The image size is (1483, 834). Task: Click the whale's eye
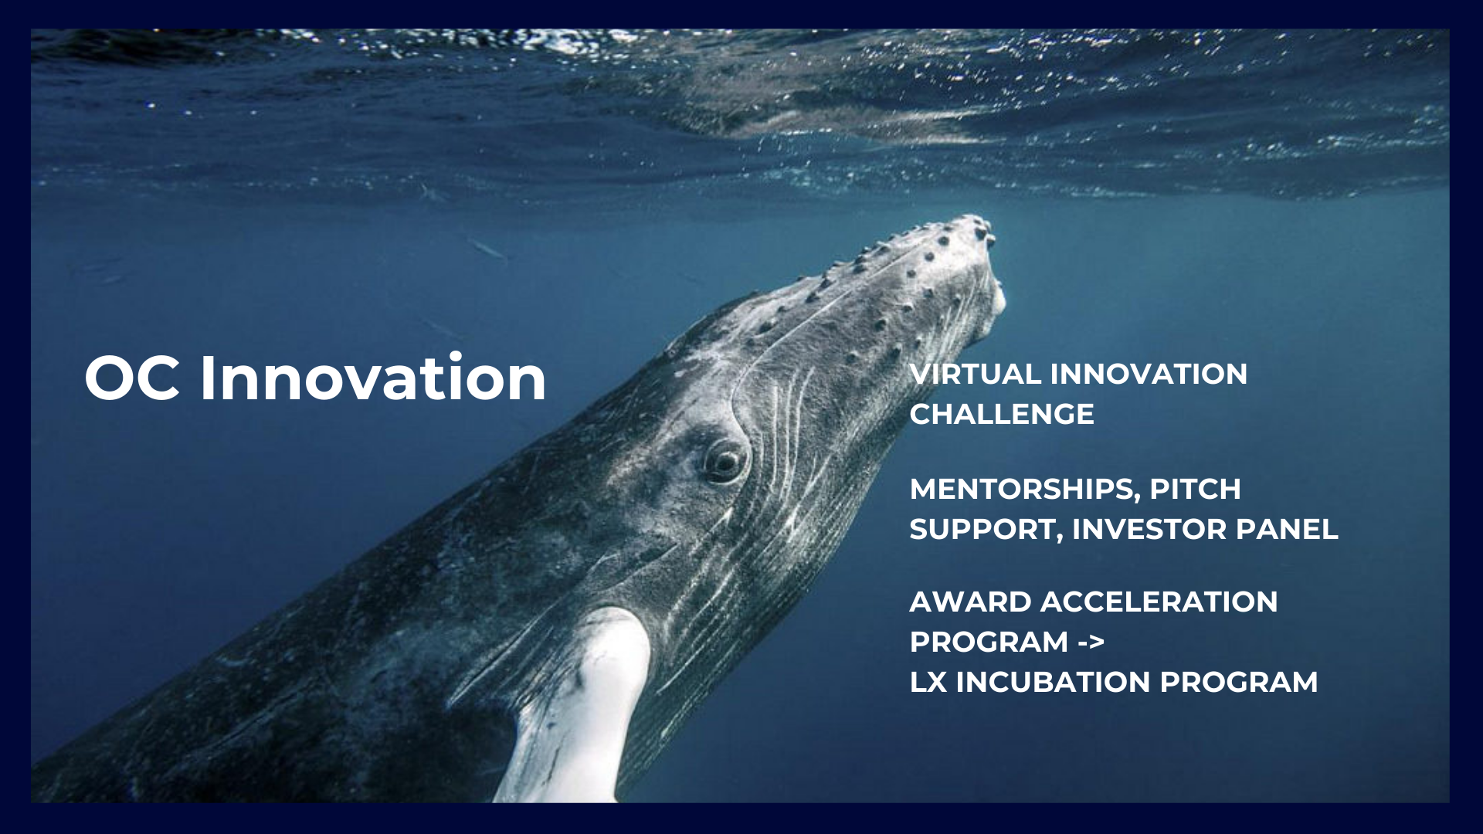point(724,461)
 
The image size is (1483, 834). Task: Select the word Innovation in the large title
point(373,377)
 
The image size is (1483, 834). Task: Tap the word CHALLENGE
point(1002,415)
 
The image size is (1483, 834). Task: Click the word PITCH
point(1196,489)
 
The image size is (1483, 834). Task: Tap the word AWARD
point(970,602)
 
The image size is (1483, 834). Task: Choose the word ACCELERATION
point(1159,602)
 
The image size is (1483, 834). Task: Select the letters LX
point(928,683)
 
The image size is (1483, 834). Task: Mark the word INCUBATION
point(1054,683)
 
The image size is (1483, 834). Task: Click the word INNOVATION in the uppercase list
point(1149,375)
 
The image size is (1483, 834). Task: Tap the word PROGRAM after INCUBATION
point(1239,683)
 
